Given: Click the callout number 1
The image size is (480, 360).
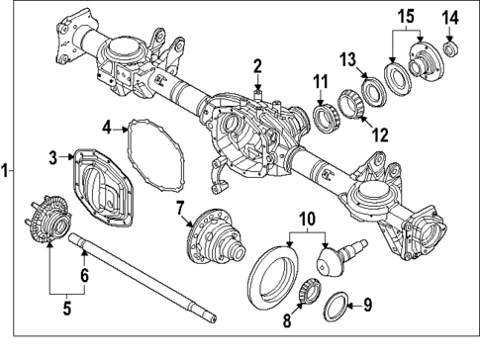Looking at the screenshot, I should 6,170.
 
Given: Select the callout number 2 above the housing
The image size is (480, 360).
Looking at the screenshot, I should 256,66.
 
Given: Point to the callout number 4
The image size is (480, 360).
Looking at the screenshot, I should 106,126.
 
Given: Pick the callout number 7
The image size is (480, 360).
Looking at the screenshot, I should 180,207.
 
